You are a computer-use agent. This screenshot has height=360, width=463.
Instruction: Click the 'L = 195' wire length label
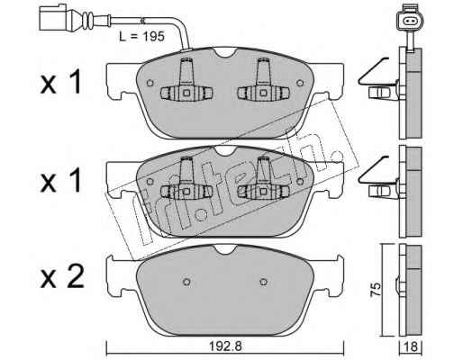click(x=142, y=37)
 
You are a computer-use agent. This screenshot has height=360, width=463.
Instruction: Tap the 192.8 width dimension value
click(x=225, y=346)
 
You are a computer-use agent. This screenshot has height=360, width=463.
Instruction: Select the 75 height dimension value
click(x=376, y=290)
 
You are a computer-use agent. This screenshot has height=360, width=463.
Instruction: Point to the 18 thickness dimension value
click(x=411, y=347)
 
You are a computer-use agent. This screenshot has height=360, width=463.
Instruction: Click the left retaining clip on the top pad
click(x=186, y=81)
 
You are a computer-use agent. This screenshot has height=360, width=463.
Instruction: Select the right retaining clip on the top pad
click(x=263, y=81)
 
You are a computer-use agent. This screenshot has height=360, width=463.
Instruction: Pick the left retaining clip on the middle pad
click(x=186, y=180)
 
